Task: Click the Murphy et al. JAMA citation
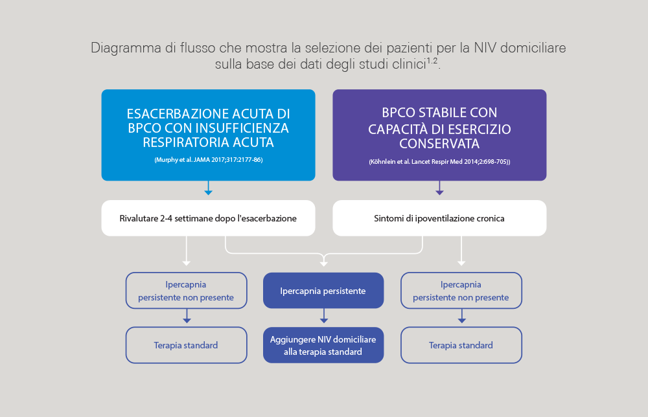click(x=208, y=160)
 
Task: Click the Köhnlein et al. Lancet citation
click(x=439, y=162)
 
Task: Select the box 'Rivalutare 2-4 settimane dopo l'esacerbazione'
click(x=208, y=218)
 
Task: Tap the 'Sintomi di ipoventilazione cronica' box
click(x=439, y=218)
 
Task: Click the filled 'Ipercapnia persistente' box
click(x=323, y=290)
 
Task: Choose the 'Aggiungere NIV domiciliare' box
click(x=323, y=345)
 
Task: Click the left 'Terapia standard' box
click(x=187, y=345)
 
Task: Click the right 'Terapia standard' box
click(x=461, y=345)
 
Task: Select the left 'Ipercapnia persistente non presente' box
click(x=187, y=290)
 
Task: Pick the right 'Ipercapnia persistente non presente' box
click(x=461, y=290)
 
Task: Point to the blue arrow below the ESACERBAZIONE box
click(x=208, y=188)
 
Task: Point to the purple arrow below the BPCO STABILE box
click(x=440, y=188)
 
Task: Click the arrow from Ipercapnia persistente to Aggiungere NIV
click(x=324, y=316)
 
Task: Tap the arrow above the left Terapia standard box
click(x=187, y=316)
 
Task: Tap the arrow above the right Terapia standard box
click(x=462, y=316)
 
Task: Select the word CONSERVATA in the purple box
click(x=439, y=144)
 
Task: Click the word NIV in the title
click(x=485, y=48)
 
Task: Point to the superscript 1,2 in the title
click(x=432, y=61)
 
